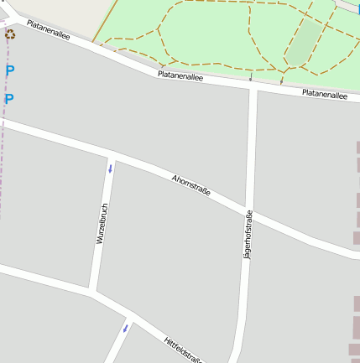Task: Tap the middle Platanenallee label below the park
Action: click(x=180, y=76)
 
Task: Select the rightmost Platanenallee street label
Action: click(x=324, y=95)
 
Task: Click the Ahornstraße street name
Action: click(x=190, y=185)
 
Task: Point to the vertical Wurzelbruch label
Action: click(x=102, y=224)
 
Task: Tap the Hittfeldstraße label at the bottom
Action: click(x=183, y=350)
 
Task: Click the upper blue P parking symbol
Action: click(x=9, y=71)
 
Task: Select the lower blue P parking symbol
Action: click(x=9, y=100)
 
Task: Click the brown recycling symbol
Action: click(x=10, y=34)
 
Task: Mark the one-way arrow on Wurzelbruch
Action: click(x=110, y=169)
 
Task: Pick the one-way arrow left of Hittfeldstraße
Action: click(x=126, y=327)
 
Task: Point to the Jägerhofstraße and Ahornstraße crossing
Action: click(x=248, y=210)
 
